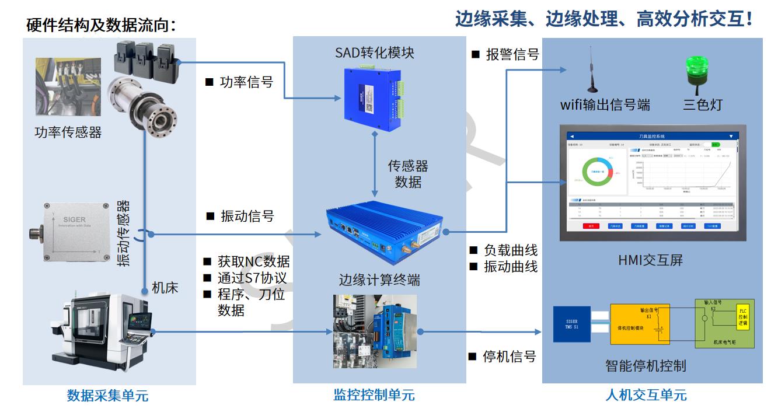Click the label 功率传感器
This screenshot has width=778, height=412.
click(x=68, y=132)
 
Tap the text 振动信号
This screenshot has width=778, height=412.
click(x=247, y=217)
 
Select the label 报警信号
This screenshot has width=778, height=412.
click(x=512, y=55)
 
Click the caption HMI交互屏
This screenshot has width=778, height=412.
click(x=650, y=260)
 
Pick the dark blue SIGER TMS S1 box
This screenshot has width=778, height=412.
click(x=571, y=324)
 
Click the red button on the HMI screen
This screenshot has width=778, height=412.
click(x=591, y=226)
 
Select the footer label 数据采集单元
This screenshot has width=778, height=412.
click(x=108, y=396)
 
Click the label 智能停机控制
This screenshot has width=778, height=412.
click(x=646, y=366)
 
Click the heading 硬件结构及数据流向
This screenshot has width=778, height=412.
click(x=100, y=25)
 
